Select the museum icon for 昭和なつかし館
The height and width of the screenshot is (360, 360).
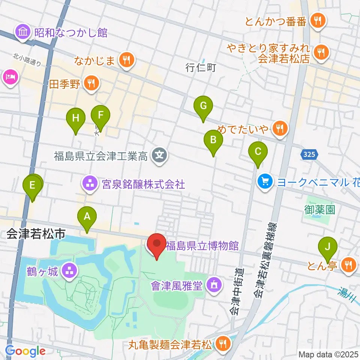click(23, 33)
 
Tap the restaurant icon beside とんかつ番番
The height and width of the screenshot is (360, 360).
click(318, 21)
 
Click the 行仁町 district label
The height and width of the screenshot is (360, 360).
click(201, 68)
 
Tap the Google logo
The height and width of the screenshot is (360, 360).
click(25, 351)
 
